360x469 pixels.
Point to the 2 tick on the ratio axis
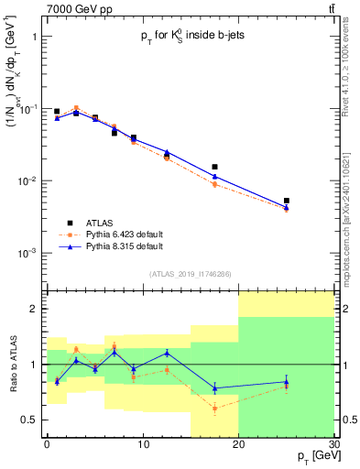(x=35, y=309)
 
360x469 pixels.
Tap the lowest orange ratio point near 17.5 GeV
(x=214, y=409)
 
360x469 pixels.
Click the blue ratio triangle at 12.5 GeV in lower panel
(x=167, y=353)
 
